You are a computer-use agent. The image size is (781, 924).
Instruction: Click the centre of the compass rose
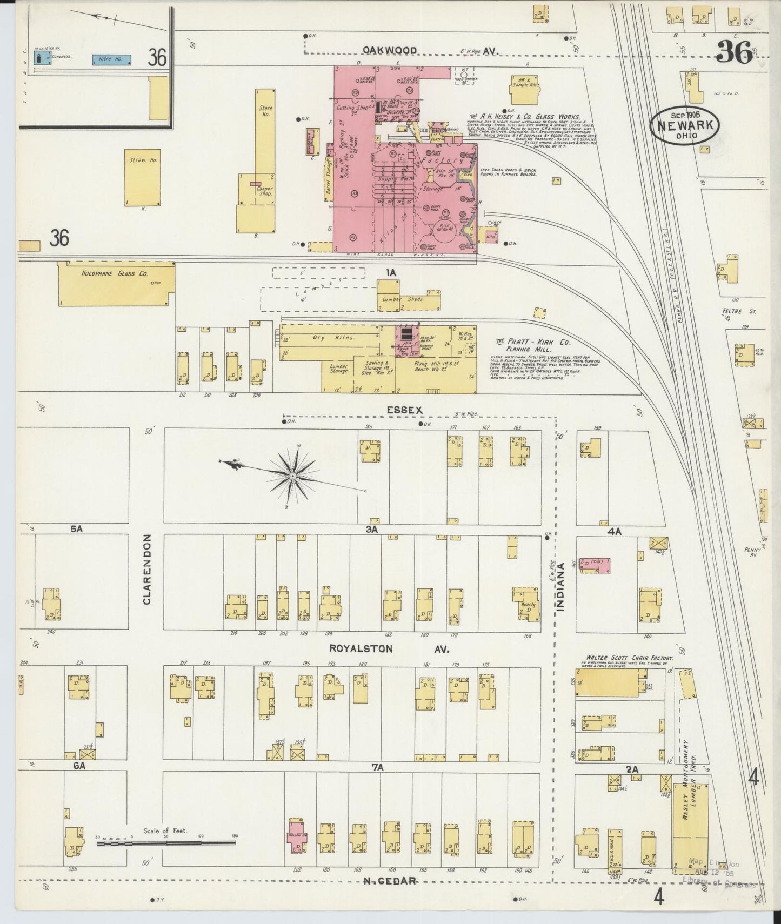tap(292, 476)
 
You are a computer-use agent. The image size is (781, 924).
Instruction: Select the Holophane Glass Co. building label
tap(115, 274)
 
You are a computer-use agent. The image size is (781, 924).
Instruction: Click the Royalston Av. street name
tap(389, 649)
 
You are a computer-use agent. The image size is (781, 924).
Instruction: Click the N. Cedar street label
tap(389, 880)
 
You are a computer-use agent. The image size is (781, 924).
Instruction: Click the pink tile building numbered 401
tap(595, 565)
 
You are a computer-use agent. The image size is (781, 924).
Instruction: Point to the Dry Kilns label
tap(341, 338)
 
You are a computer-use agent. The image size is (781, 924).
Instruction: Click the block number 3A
tap(371, 530)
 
